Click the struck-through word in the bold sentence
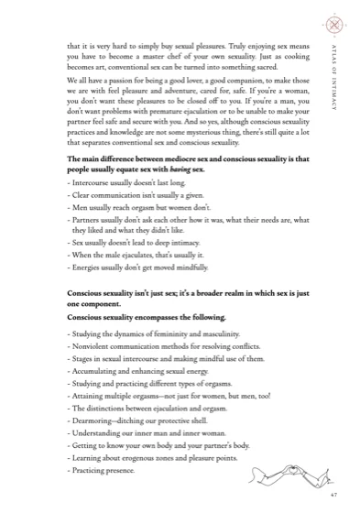pos(158,169)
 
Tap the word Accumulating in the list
pos(96,375)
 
